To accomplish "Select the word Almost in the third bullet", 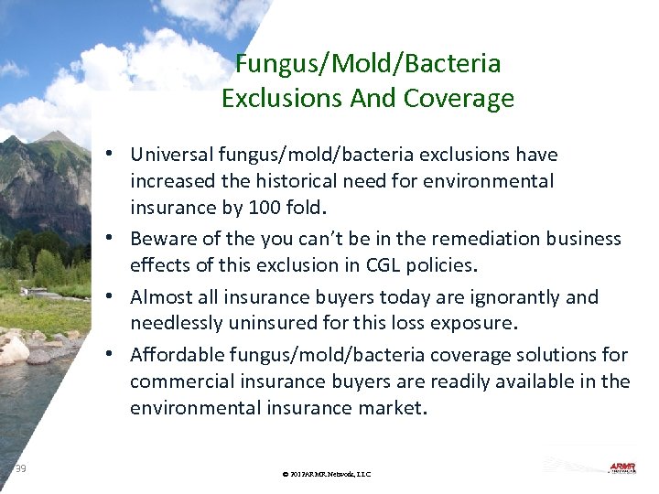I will pos(160,297).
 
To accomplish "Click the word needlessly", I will pos(175,324).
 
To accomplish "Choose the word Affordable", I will pos(178,355).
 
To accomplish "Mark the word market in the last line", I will pos(391,408).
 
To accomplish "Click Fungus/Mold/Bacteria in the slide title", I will pos(368,63).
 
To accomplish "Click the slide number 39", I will pos(20,468).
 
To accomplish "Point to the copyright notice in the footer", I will pos(327,474).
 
